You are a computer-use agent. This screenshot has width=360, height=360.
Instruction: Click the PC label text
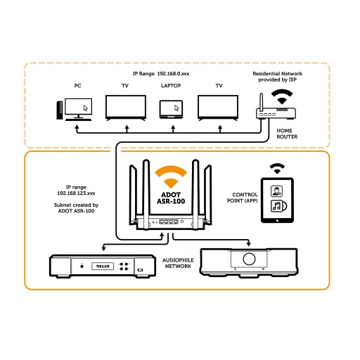tap(77, 86)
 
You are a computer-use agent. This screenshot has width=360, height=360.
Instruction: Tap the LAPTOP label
tap(171, 86)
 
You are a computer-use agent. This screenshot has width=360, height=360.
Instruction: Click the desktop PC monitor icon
tap(78, 108)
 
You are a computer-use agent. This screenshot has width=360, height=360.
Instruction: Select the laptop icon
tap(171, 109)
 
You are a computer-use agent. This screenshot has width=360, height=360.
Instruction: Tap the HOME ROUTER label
tap(287, 134)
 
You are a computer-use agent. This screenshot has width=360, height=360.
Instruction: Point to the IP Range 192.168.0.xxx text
tap(161, 74)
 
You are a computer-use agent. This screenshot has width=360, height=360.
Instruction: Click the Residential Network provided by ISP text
tap(277, 77)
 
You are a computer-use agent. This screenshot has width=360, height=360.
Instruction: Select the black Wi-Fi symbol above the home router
tap(282, 96)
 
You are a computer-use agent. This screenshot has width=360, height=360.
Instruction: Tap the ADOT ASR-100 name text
tap(171, 198)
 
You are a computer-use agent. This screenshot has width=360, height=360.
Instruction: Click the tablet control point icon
tap(277, 200)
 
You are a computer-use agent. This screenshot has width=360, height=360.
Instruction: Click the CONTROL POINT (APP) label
tap(243, 198)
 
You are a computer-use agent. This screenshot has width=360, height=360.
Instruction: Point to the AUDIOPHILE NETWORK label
tap(178, 263)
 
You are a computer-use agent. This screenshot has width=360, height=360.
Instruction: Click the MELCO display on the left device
tap(103, 266)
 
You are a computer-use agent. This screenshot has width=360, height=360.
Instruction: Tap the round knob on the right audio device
tap(249, 259)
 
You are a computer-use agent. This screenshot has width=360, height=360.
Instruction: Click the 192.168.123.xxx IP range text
tap(76, 193)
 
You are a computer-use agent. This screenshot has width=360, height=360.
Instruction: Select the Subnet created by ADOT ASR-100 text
tap(76, 208)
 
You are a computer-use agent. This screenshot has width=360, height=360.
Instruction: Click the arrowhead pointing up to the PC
tap(77, 127)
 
